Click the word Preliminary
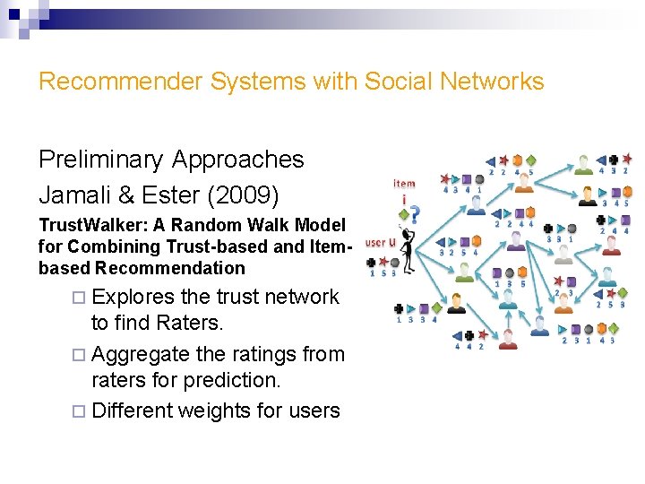[x=100, y=160]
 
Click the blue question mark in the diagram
[x=414, y=216]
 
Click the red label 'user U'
[x=380, y=242]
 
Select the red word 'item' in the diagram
[x=404, y=183]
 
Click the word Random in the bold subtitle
[x=178, y=224]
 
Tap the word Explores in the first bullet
[x=134, y=297]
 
